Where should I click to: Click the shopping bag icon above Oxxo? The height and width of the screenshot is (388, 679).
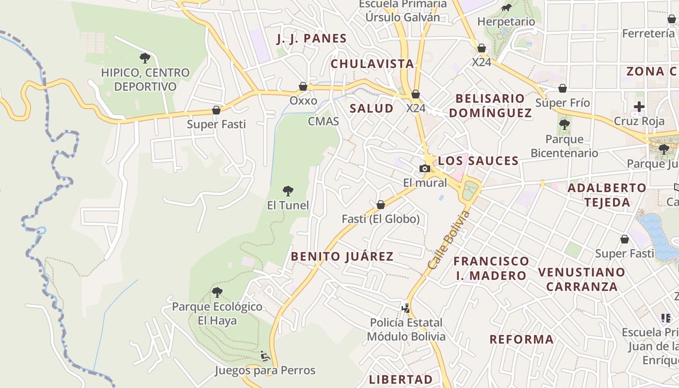pyautogui.click(x=303, y=87)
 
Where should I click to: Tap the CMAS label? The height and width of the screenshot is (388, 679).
pyautogui.click(x=323, y=121)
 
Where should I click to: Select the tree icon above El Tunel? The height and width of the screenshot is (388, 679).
pyautogui.click(x=288, y=191)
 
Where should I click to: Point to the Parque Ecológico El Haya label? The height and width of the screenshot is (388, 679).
pyautogui.click(x=217, y=313)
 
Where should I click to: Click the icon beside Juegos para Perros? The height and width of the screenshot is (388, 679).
pyautogui.click(x=265, y=356)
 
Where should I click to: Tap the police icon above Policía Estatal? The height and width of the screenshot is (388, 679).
pyautogui.click(x=405, y=308)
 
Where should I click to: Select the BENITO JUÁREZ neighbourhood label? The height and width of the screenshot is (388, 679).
pyautogui.click(x=342, y=257)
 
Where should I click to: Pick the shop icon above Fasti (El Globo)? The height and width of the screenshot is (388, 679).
pyautogui.click(x=381, y=205)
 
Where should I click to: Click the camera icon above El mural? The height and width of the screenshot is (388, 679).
pyautogui.click(x=425, y=169)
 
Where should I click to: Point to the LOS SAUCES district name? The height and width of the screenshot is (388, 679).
pyautogui.click(x=478, y=161)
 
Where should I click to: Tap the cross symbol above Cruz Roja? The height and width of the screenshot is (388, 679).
pyautogui.click(x=639, y=107)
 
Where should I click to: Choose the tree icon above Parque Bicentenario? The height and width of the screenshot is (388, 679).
pyautogui.click(x=564, y=125)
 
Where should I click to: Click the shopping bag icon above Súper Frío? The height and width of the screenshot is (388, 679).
pyautogui.click(x=563, y=89)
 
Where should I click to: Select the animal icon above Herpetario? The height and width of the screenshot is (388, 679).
pyautogui.click(x=506, y=8)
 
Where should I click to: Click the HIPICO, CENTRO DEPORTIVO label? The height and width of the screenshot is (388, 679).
pyautogui.click(x=145, y=80)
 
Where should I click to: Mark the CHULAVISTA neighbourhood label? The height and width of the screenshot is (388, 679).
pyautogui.click(x=372, y=64)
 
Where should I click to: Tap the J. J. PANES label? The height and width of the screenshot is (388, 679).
pyautogui.click(x=311, y=39)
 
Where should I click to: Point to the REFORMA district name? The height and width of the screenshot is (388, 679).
pyautogui.click(x=521, y=339)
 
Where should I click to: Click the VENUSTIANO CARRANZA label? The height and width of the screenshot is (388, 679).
pyautogui.click(x=582, y=279)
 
